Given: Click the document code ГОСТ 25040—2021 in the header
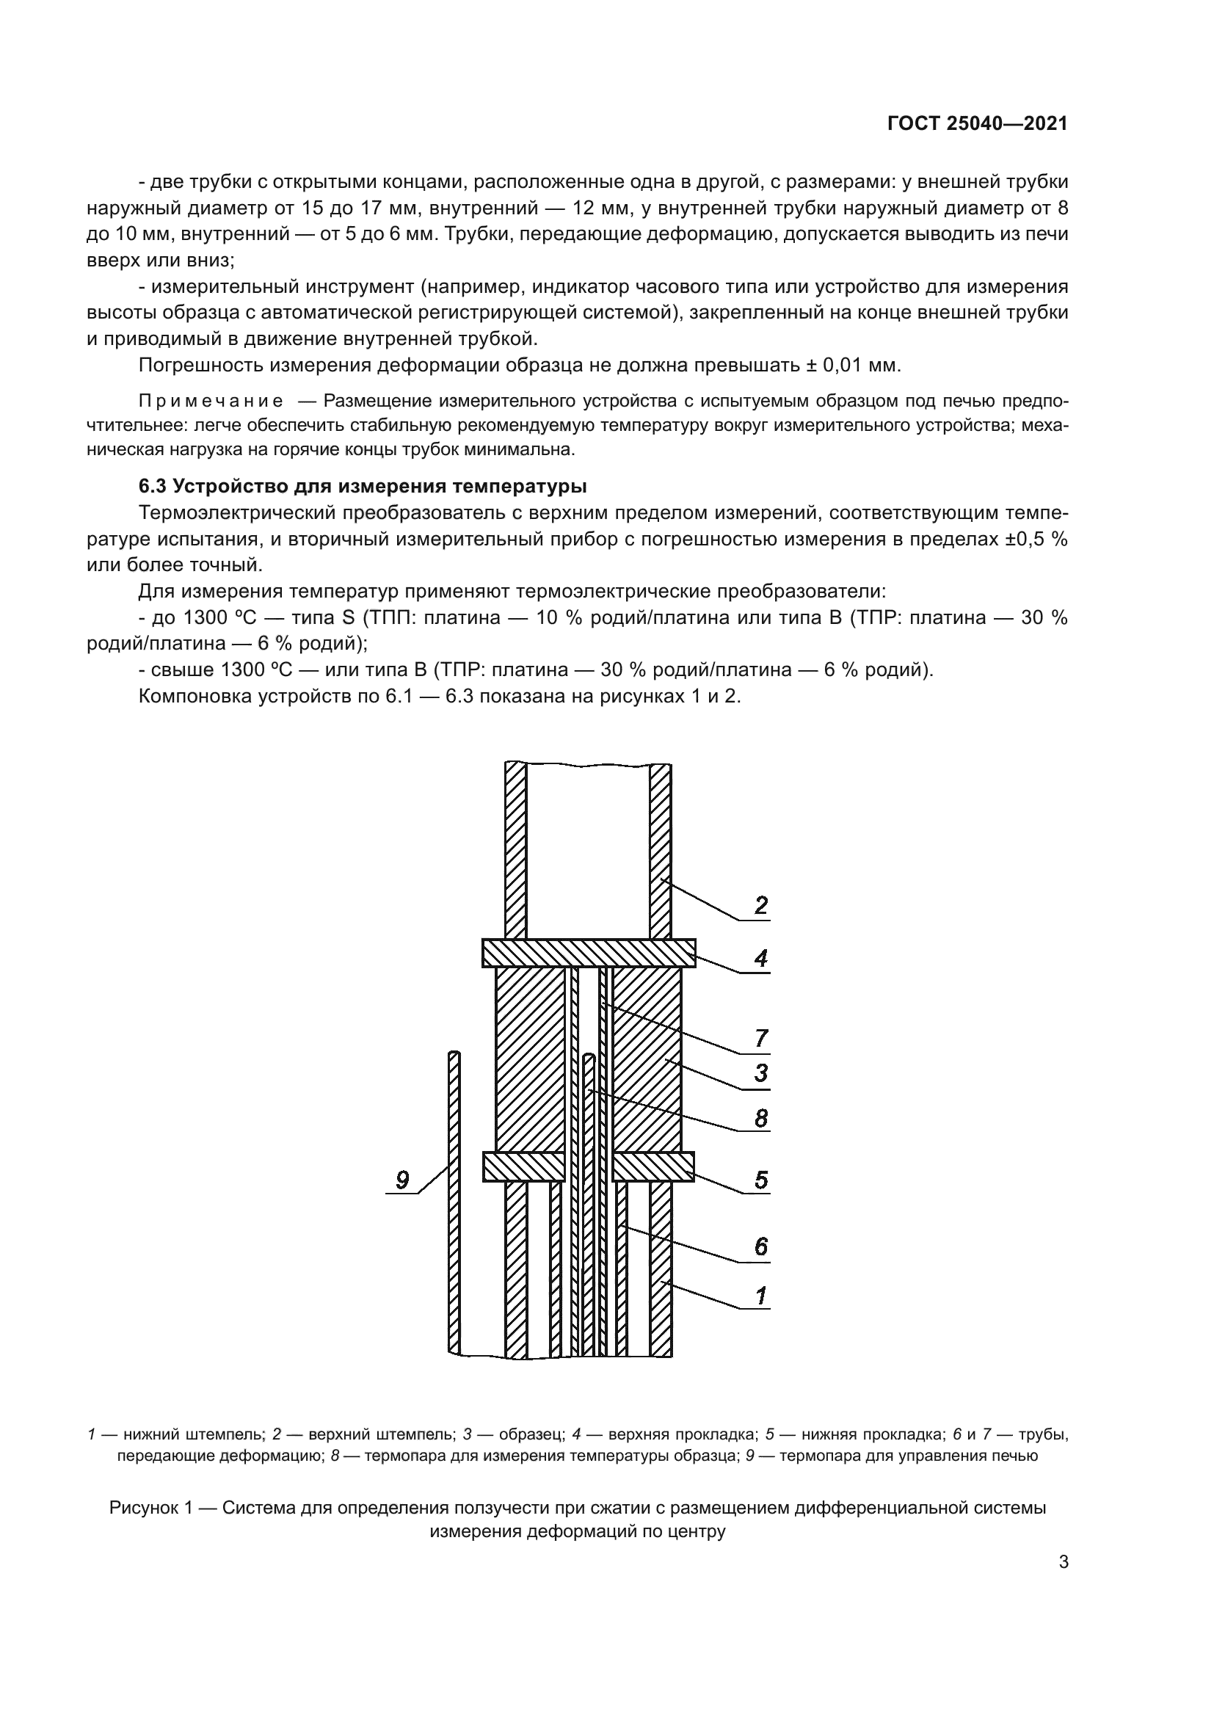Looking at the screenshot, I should point(977,124).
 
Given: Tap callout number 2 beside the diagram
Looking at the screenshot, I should point(761,906).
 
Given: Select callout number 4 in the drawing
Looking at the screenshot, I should point(761,958).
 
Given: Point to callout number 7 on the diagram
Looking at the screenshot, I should point(761,1038).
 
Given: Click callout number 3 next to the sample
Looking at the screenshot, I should point(761,1073).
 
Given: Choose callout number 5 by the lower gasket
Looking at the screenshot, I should point(761,1180).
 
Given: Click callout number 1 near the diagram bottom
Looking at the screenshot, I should point(761,1295).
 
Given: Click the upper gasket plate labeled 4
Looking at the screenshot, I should point(589,954).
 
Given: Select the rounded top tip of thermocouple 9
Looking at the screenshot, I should point(454,1055).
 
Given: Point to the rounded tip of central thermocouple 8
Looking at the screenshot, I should point(589,1059).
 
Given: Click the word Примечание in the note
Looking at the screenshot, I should point(211,402).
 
